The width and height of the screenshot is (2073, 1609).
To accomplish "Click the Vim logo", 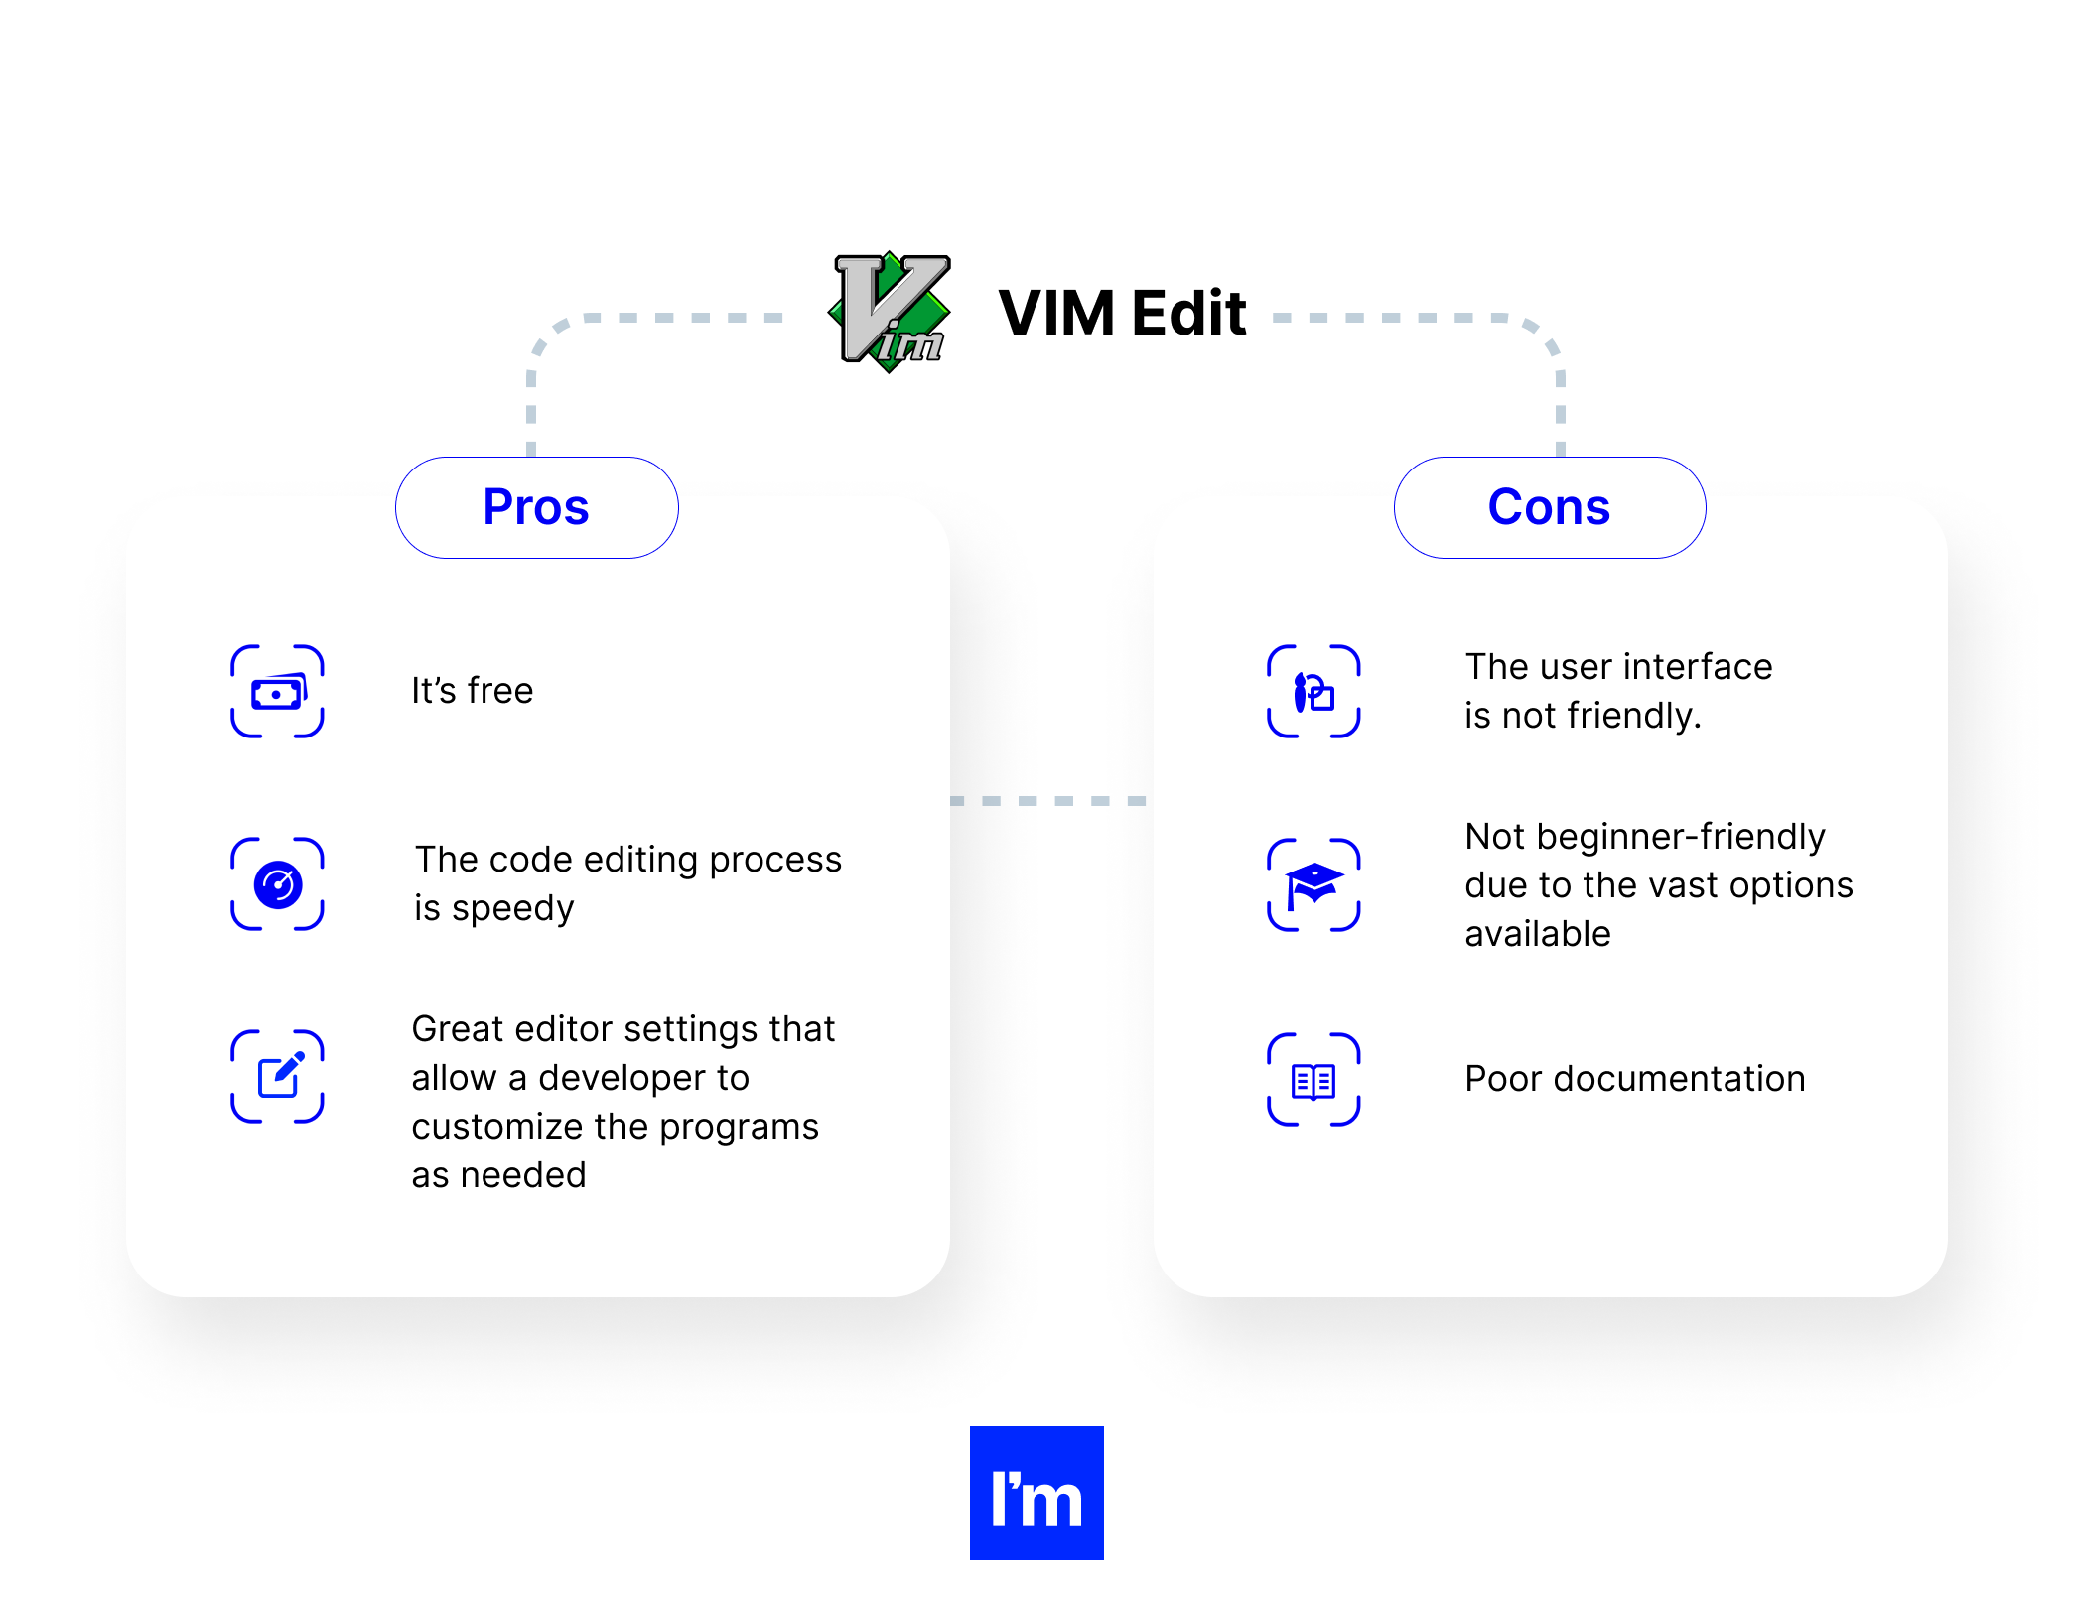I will coord(890,312).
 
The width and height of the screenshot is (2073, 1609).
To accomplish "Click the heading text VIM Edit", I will coord(1122,314).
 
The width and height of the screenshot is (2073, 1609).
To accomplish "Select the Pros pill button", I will coord(536,507).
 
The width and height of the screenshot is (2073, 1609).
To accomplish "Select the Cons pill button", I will coord(1549,507).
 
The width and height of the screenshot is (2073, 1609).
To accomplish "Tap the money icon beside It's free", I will coord(277,692).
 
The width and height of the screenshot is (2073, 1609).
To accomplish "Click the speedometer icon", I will coord(277,884).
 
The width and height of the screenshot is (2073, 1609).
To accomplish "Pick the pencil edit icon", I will coord(277,1077).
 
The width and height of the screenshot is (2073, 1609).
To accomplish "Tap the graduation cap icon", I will coord(1313,884).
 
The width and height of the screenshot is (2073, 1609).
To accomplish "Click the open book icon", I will coord(1313,1080).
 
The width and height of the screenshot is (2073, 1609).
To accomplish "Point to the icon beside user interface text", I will coord(1313,692).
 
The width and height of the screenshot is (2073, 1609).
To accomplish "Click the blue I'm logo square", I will coord(1036,1493).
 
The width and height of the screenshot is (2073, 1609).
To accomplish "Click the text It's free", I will coord(473,691).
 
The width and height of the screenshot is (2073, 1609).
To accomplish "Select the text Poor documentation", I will coord(1634,1079).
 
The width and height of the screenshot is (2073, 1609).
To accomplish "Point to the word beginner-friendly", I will coord(1680,837).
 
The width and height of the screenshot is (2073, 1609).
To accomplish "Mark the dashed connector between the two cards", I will coord(1050,800).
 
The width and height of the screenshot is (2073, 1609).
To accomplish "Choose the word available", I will coord(1537,934).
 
